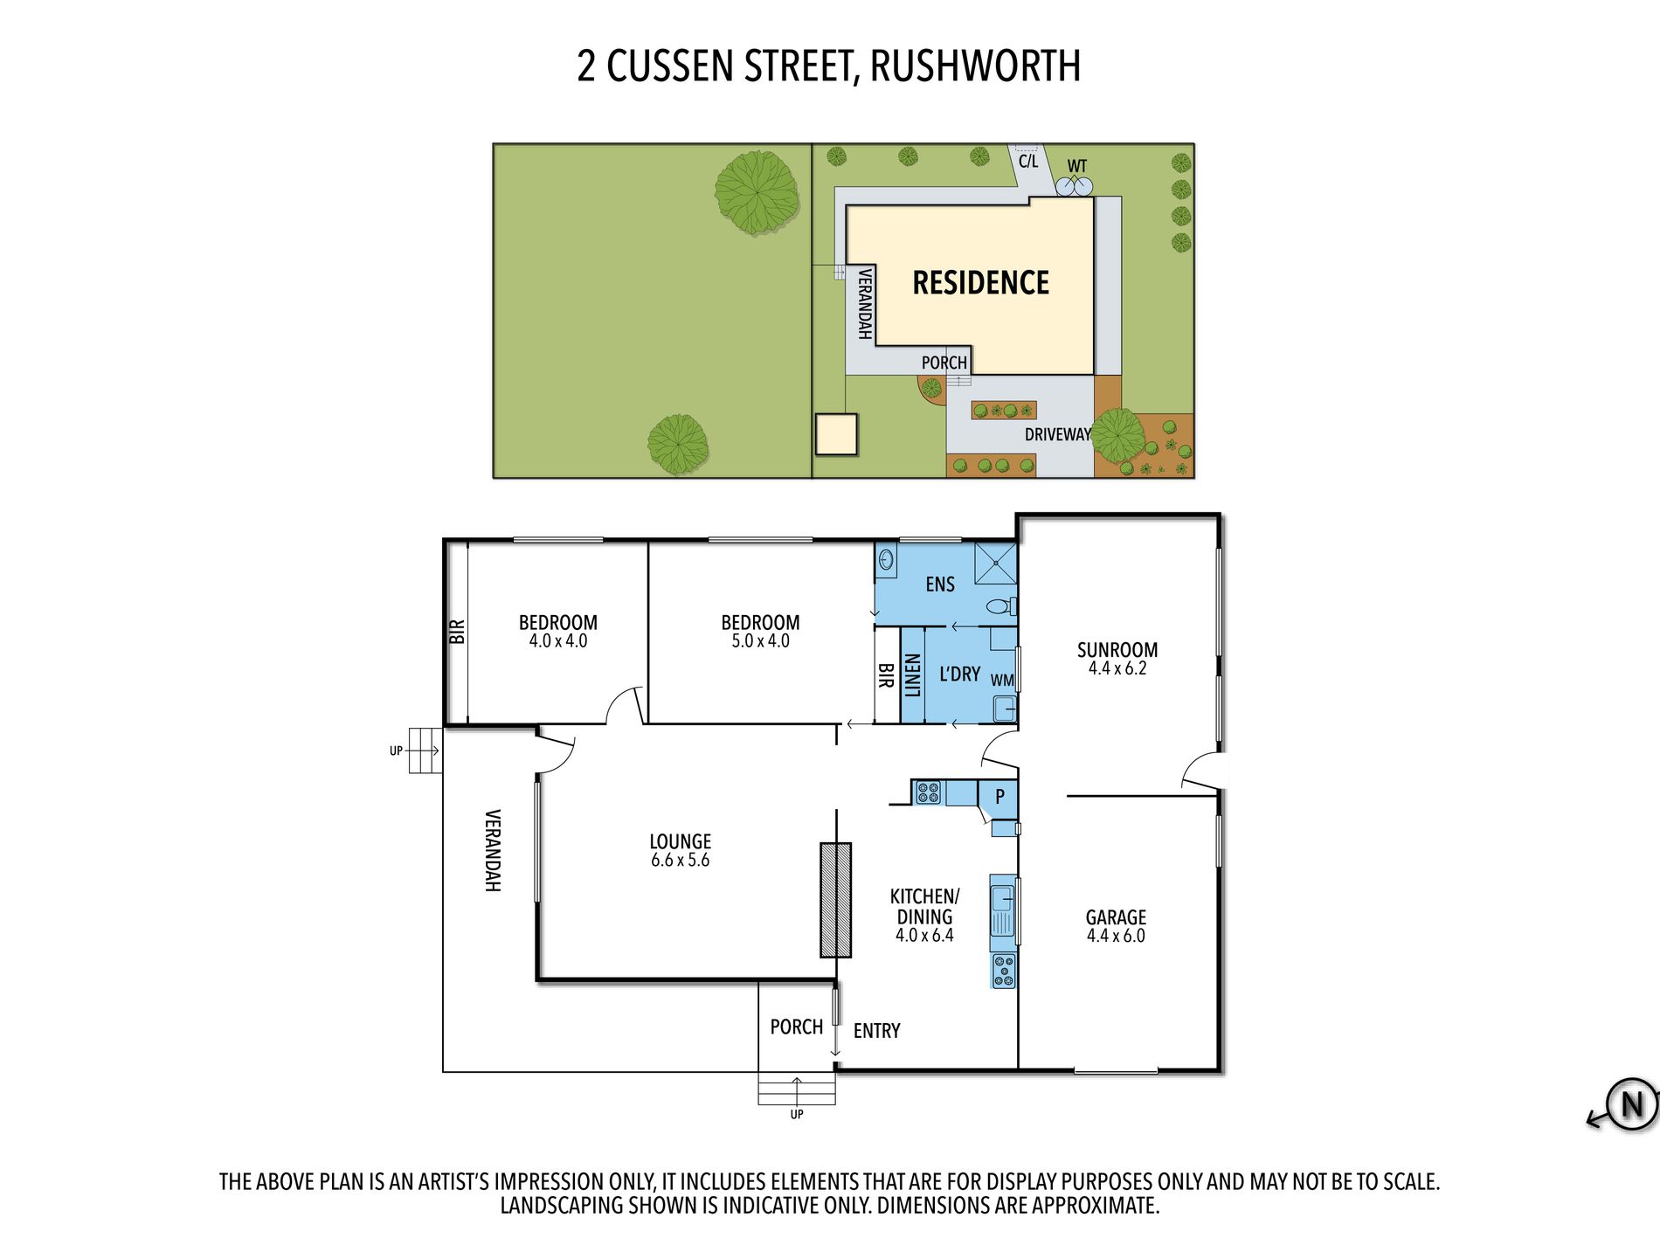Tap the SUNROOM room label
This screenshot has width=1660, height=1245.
pyautogui.click(x=1117, y=650)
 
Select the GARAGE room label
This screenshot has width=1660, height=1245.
pyautogui.click(x=1116, y=917)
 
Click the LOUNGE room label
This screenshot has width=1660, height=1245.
pyautogui.click(x=680, y=841)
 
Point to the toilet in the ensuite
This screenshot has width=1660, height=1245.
pyautogui.click(x=1001, y=605)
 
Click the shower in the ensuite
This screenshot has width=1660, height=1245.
pyautogui.click(x=996, y=563)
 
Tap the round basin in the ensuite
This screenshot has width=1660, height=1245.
pyautogui.click(x=886, y=559)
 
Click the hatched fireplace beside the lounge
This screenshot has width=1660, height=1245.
pyautogui.click(x=835, y=900)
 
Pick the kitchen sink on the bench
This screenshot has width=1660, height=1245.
pyautogui.click(x=1002, y=910)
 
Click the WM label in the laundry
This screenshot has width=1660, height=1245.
pyautogui.click(x=1002, y=681)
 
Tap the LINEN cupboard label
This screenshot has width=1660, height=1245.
pyautogui.click(x=912, y=675)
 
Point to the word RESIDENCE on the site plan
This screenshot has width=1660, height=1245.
pyautogui.click(x=980, y=282)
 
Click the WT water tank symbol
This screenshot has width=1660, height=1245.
pyautogui.click(x=1074, y=186)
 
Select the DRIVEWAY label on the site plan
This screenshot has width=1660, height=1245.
pyautogui.click(x=1057, y=434)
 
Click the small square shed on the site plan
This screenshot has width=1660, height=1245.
pyautogui.click(x=836, y=434)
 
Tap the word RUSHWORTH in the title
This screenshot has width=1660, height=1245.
pyautogui.click(x=975, y=66)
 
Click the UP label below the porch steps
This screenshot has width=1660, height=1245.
pyautogui.click(x=797, y=1115)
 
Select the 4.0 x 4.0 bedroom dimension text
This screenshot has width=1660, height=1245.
pyautogui.click(x=558, y=640)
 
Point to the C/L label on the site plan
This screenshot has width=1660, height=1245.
pyautogui.click(x=1028, y=161)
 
